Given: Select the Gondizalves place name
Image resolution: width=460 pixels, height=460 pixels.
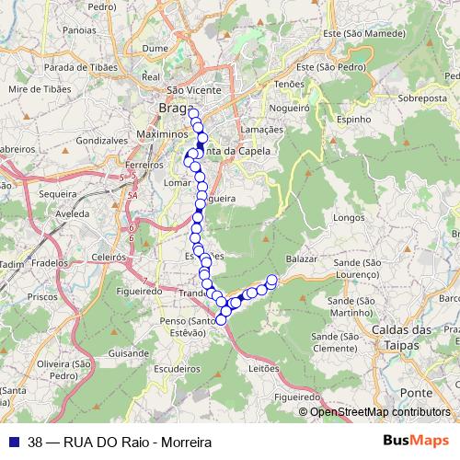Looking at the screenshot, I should pos(102,141).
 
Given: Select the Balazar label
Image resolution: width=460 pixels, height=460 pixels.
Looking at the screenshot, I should pos(303,259).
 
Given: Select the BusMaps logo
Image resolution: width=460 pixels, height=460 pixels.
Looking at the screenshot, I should pos(416,440).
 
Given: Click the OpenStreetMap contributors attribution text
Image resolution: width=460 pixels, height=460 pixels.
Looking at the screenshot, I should pos(379,411).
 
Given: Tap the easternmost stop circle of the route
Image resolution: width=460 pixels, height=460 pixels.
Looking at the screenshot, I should pos(271,280).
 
